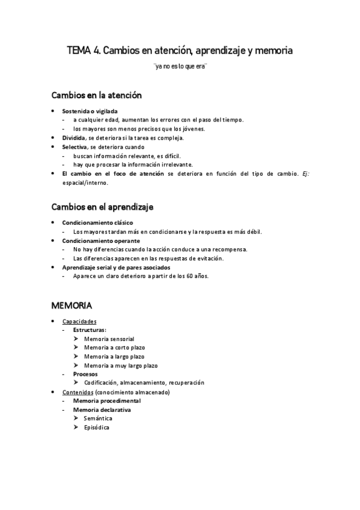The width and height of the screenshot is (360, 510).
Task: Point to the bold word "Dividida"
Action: (x=75, y=138)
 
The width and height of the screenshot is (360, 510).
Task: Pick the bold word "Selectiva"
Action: (x=75, y=147)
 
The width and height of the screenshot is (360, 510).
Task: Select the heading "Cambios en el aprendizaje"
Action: (x=102, y=207)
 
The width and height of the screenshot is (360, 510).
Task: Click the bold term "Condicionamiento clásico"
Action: (x=97, y=223)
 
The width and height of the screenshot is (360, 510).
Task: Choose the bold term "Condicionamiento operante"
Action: (x=101, y=241)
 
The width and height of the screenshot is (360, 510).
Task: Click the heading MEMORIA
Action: (x=72, y=306)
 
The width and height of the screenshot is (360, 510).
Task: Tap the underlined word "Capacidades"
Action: (x=79, y=322)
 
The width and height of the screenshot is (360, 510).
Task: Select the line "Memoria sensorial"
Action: (x=109, y=339)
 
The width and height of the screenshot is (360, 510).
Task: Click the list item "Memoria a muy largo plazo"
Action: (x=121, y=365)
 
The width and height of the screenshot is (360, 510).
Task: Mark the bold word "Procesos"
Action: (x=85, y=373)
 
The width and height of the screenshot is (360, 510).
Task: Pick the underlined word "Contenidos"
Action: (x=79, y=392)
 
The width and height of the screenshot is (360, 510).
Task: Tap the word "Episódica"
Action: (x=97, y=427)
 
